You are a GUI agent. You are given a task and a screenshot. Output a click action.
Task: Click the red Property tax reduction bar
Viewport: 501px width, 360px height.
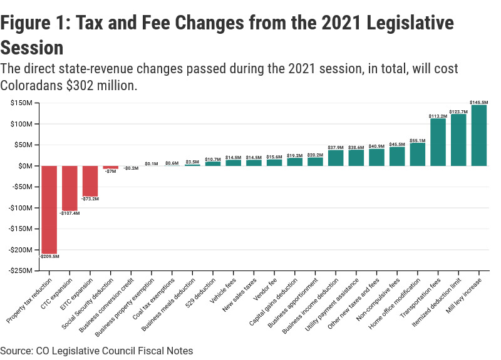[49, 209]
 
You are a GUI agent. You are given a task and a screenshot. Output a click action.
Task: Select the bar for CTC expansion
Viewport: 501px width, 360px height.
[70, 188]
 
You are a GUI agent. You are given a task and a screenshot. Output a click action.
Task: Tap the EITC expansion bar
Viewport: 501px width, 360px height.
[90, 181]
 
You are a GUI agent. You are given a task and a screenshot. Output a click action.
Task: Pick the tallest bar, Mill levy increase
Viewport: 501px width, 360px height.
[479, 135]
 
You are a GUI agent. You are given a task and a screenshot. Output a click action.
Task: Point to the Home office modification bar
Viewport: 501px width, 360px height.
[418, 154]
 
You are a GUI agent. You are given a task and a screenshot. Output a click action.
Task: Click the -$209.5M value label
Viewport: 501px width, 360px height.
[49, 256]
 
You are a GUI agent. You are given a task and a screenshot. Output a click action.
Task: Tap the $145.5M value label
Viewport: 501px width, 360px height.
[479, 101]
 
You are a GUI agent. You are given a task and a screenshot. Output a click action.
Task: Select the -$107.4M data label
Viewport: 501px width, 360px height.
[70, 213]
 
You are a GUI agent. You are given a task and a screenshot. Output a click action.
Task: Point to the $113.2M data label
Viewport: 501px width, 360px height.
[438, 116]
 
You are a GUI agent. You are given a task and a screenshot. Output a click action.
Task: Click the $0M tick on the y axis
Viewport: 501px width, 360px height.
[26, 166]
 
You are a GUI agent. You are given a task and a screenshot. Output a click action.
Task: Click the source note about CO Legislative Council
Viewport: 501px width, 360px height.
[96, 351]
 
